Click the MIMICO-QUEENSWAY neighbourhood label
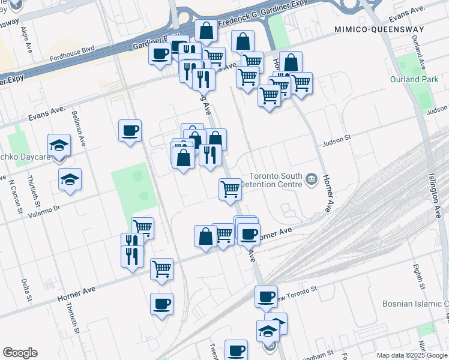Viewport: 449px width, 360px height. coord(379,29)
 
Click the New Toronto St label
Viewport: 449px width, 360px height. coord(294,292)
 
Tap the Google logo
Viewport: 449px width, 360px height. coord(19,353)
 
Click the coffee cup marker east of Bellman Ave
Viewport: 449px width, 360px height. coord(130,130)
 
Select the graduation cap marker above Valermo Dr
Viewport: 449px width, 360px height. coord(70,179)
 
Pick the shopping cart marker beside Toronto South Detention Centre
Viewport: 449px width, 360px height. coord(230,188)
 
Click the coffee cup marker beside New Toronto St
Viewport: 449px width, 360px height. coord(266,296)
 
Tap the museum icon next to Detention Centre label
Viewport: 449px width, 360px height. coord(311,178)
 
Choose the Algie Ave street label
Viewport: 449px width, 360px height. coord(25,40)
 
